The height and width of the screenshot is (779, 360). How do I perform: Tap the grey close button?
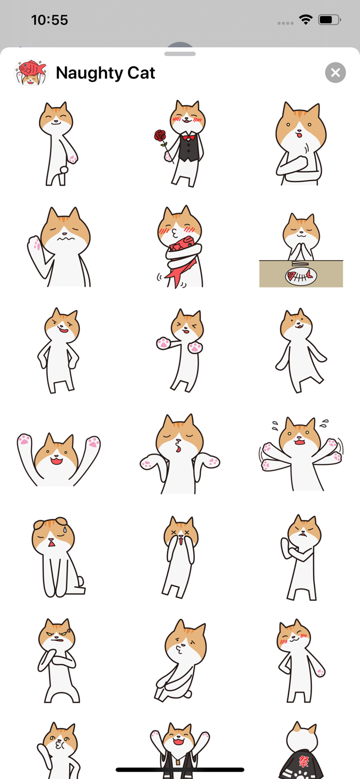pos(336,73)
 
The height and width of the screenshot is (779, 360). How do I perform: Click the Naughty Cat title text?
pos(105,73)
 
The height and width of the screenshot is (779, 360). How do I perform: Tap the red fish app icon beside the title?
pos(31,72)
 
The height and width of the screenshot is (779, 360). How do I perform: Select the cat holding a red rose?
pos(184,143)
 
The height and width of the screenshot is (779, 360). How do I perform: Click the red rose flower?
pos(160,136)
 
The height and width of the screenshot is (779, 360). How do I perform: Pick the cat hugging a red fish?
pos(180,247)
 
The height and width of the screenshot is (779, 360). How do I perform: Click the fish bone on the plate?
pos(301,275)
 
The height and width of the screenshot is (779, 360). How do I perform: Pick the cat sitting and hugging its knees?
pos(180,660)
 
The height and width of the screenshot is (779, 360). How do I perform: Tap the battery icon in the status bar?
pos(329,20)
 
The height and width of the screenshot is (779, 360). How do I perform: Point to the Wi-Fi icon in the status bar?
pos(305,20)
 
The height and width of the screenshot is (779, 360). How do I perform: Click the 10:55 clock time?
pos(50,20)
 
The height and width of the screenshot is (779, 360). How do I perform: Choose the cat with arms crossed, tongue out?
pos(300,143)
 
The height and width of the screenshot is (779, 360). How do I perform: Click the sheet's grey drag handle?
pos(180,53)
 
